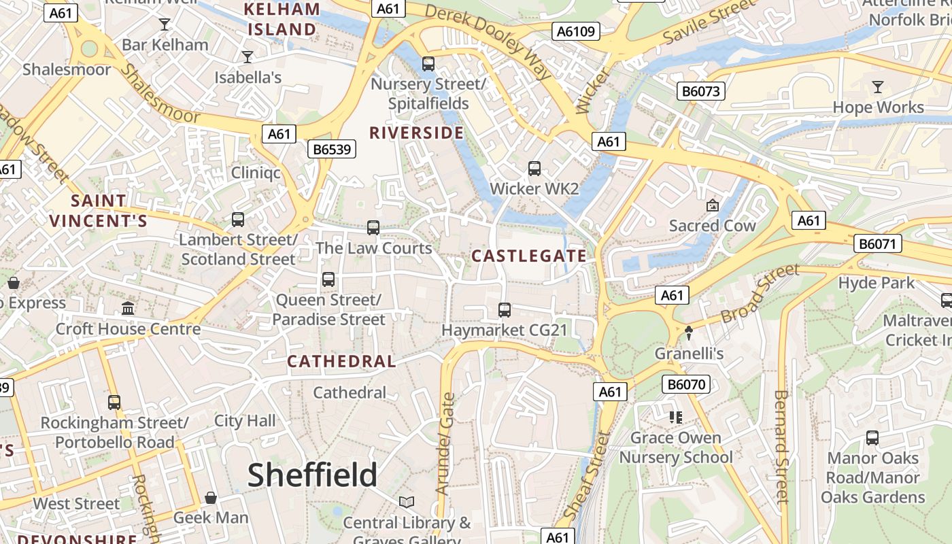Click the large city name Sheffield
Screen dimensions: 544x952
[x=312, y=475]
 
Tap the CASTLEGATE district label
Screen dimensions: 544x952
[x=528, y=256]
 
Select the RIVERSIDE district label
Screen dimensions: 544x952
[x=416, y=133]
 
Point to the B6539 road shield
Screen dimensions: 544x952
[x=332, y=149]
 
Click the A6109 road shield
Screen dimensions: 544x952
[x=575, y=31]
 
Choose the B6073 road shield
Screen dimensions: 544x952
[x=701, y=91]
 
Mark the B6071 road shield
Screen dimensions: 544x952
[x=878, y=243]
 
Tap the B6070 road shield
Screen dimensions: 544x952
[x=686, y=384]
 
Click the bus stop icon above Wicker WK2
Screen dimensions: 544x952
[x=534, y=168]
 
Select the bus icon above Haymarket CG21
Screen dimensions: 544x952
[x=505, y=310]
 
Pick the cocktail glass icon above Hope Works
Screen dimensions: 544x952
[x=878, y=87]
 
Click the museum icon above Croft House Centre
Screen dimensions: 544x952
[x=128, y=309]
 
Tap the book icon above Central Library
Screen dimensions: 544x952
[x=407, y=503]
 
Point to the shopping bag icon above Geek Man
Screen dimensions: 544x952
[x=211, y=498]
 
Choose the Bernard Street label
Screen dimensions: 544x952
[x=783, y=446]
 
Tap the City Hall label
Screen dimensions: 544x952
[x=245, y=421]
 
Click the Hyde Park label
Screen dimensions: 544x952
[x=877, y=283]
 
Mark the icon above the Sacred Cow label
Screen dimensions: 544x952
[x=713, y=205]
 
